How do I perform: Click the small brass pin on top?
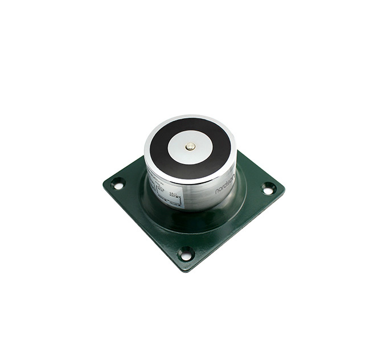click(x=190, y=146)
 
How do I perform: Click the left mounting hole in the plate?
click(x=118, y=184)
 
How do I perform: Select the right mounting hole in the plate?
click(x=268, y=188)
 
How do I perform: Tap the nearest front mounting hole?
click(x=186, y=254)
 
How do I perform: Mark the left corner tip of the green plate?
click(x=104, y=182)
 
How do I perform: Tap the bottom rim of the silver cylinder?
click(x=194, y=210)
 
